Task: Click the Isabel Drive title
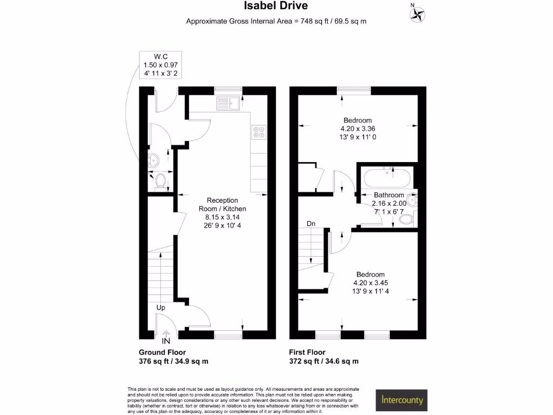click(x=276, y=6)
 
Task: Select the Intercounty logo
click(x=401, y=400)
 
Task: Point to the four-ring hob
click(x=259, y=132)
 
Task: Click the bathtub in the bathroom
click(x=387, y=176)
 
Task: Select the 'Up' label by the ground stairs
click(x=160, y=307)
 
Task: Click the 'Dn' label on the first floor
click(x=311, y=223)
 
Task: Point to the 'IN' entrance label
click(x=166, y=342)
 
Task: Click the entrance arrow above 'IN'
click(x=166, y=333)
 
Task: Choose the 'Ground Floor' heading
click(x=162, y=352)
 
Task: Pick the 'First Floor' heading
click(x=307, y=352)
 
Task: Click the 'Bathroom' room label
click(x=389, y=195)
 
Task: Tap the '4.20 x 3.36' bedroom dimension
click(x=357, y=129)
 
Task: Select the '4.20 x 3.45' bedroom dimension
click(x=370, y=283)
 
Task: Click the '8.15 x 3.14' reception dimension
click(x=222, y=217)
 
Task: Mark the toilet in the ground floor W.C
click(x=159, y=183)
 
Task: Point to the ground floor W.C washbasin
click(x=154, y=159)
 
